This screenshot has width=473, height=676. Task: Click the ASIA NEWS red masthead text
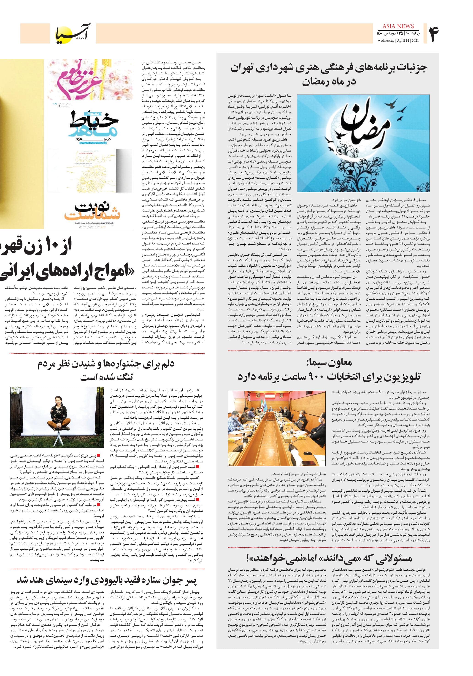[398, 26]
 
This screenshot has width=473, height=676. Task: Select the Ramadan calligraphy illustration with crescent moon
[363, 143]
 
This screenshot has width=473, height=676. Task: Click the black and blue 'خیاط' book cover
[94, 125]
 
